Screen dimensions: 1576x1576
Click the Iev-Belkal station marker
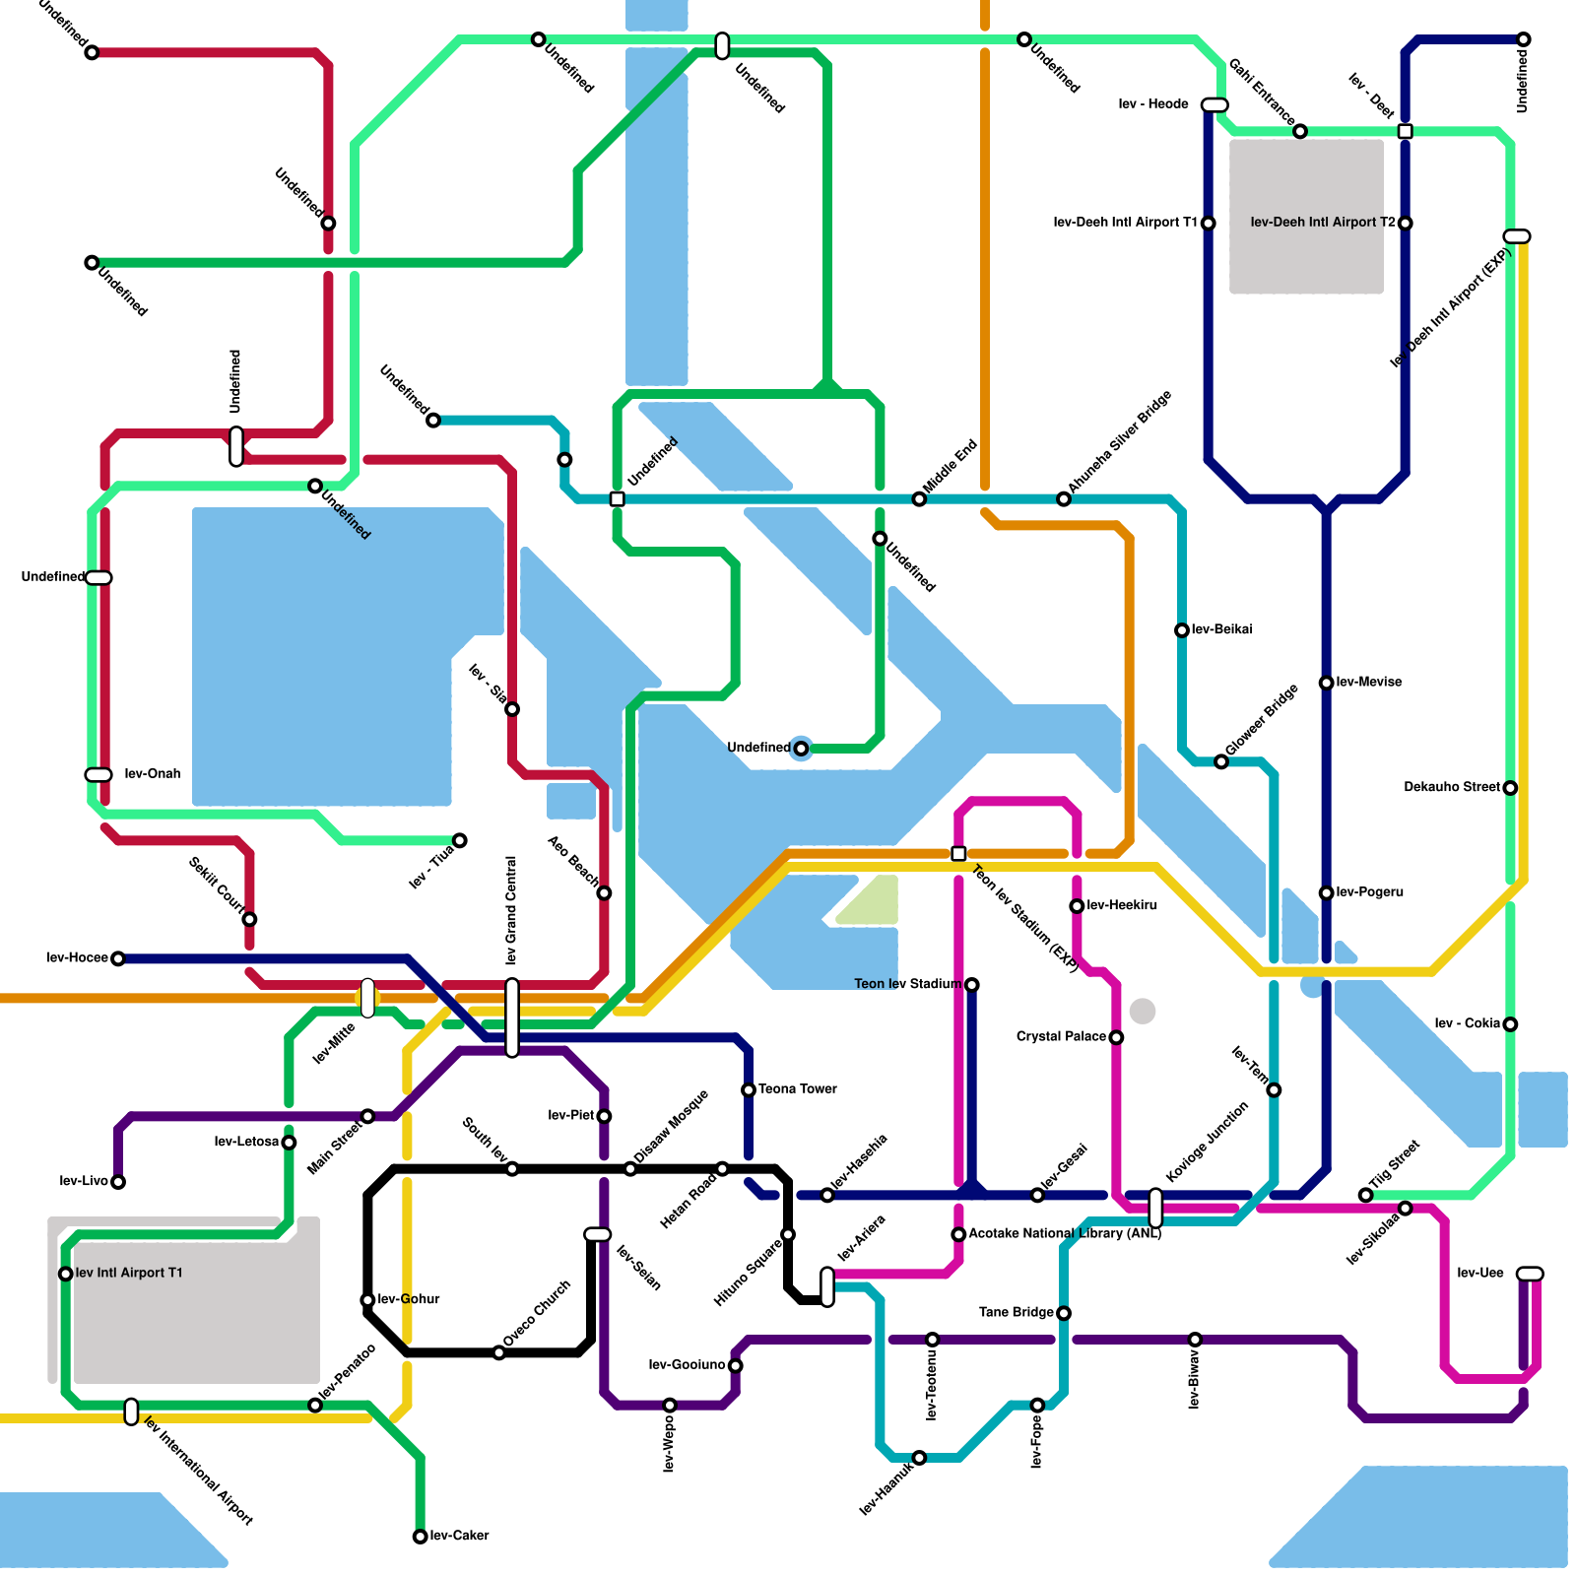tap(1182, 630)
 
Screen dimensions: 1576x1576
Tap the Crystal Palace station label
tap(1061, 1036)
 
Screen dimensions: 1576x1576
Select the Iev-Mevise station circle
tap(1327, 683)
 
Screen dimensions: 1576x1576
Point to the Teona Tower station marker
tap(749, 1089)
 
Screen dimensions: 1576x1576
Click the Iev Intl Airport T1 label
tap(129, 1273)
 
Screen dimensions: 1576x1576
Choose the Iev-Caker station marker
tap(420, 1537)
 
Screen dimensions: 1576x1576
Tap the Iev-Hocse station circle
tap(118, 958)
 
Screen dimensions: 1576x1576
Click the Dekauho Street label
tap(1452, 787)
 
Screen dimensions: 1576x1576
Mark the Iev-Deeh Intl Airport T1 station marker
tap(1209, 224)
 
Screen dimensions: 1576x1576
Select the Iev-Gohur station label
tap(409, 1299)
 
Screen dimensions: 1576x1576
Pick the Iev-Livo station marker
tap(118, 1182)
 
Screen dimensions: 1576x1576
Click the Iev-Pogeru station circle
tap(1327, 892)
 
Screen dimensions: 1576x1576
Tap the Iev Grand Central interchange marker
tap(512, 1018)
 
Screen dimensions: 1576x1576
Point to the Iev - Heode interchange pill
tap(1215, 105)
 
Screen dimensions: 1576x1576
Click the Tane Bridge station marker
tap(1064, 1313)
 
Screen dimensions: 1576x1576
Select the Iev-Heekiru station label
tap(1122, 905)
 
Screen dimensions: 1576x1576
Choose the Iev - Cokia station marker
tap(1511, 1024)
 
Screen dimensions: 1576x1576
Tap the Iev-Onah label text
tap(153, 774)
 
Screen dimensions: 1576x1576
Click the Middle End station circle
tap(919, 499)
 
